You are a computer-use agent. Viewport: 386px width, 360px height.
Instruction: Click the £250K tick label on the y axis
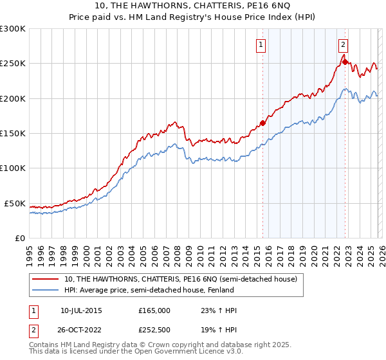(13, 64)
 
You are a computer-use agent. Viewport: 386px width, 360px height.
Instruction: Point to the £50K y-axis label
(15, 203)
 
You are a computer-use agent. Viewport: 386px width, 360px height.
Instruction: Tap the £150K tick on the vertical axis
(13, 133)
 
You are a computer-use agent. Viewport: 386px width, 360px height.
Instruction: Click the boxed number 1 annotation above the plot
(261, 44)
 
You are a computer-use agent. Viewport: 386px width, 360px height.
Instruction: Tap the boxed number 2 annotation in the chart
(344, 44)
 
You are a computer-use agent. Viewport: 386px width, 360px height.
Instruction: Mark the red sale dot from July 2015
(262, 123)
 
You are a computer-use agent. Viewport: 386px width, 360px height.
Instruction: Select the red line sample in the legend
(46, 279)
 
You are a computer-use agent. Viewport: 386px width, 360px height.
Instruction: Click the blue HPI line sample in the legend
(46, 290)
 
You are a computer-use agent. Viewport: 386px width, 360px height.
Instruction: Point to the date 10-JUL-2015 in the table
(81, 310)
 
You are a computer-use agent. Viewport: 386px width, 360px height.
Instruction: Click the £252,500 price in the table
(154, 330)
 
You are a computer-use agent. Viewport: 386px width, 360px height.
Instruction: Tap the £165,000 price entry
(154, 310)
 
